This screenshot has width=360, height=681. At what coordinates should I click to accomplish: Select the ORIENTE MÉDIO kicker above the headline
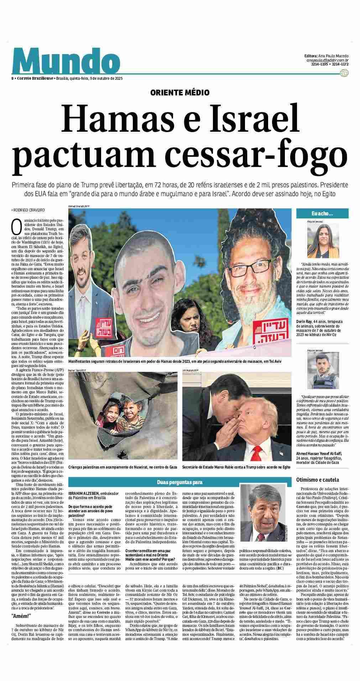click(180, 93)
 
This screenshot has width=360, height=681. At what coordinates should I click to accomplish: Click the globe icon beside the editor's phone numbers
click(344, 73)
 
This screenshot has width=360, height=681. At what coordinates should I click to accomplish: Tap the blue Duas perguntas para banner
click(180, 482)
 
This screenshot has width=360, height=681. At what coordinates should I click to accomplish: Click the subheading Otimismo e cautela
click(318, 480)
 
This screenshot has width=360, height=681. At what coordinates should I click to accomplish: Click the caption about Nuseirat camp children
click(123, 467)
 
